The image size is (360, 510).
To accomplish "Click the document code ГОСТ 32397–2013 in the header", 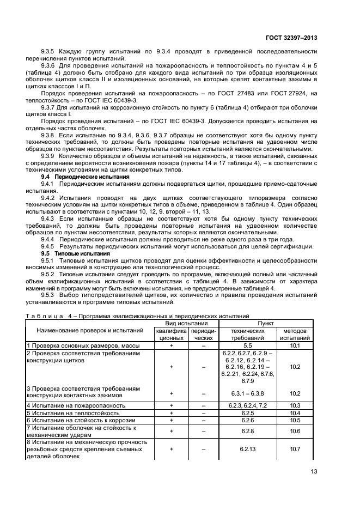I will coord(291,38).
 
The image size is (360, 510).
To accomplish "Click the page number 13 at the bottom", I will coord(314,472).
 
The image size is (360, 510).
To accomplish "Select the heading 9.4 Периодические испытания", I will coord(86,177).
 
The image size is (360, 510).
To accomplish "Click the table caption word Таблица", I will coord(47,315).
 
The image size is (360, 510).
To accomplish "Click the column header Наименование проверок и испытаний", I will coord(89,330).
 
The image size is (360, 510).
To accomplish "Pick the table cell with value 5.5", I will coord(247,345).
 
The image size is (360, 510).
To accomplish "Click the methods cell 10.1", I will coord(295,345).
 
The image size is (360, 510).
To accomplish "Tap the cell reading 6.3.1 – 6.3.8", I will coord(247,393).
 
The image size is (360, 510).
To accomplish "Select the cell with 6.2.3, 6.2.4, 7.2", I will coord(247,405).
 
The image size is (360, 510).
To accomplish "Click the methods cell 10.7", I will coord(295,450).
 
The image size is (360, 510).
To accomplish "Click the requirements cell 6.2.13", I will coord(247,450).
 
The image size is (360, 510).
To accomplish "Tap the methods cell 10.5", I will coord(295,420).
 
